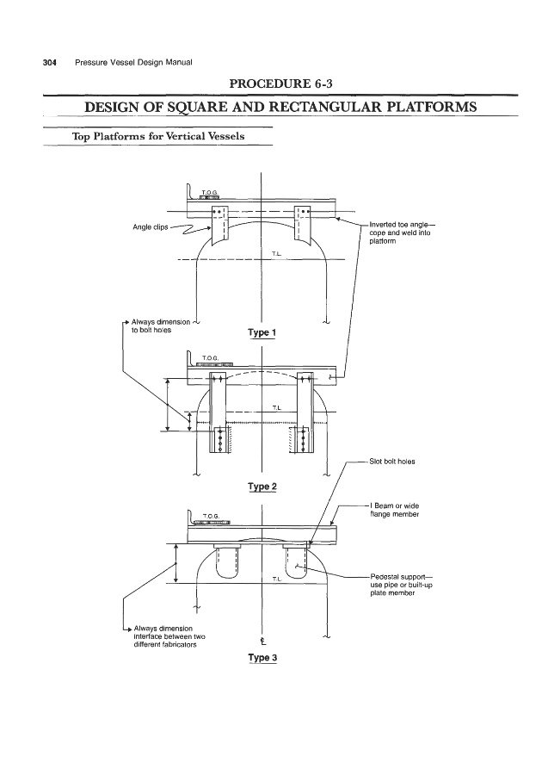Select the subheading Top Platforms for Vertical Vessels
tap(161, 136)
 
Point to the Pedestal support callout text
tap(401, 586)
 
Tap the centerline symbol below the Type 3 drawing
tap(260, 640)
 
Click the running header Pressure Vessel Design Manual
tap(133, 63)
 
